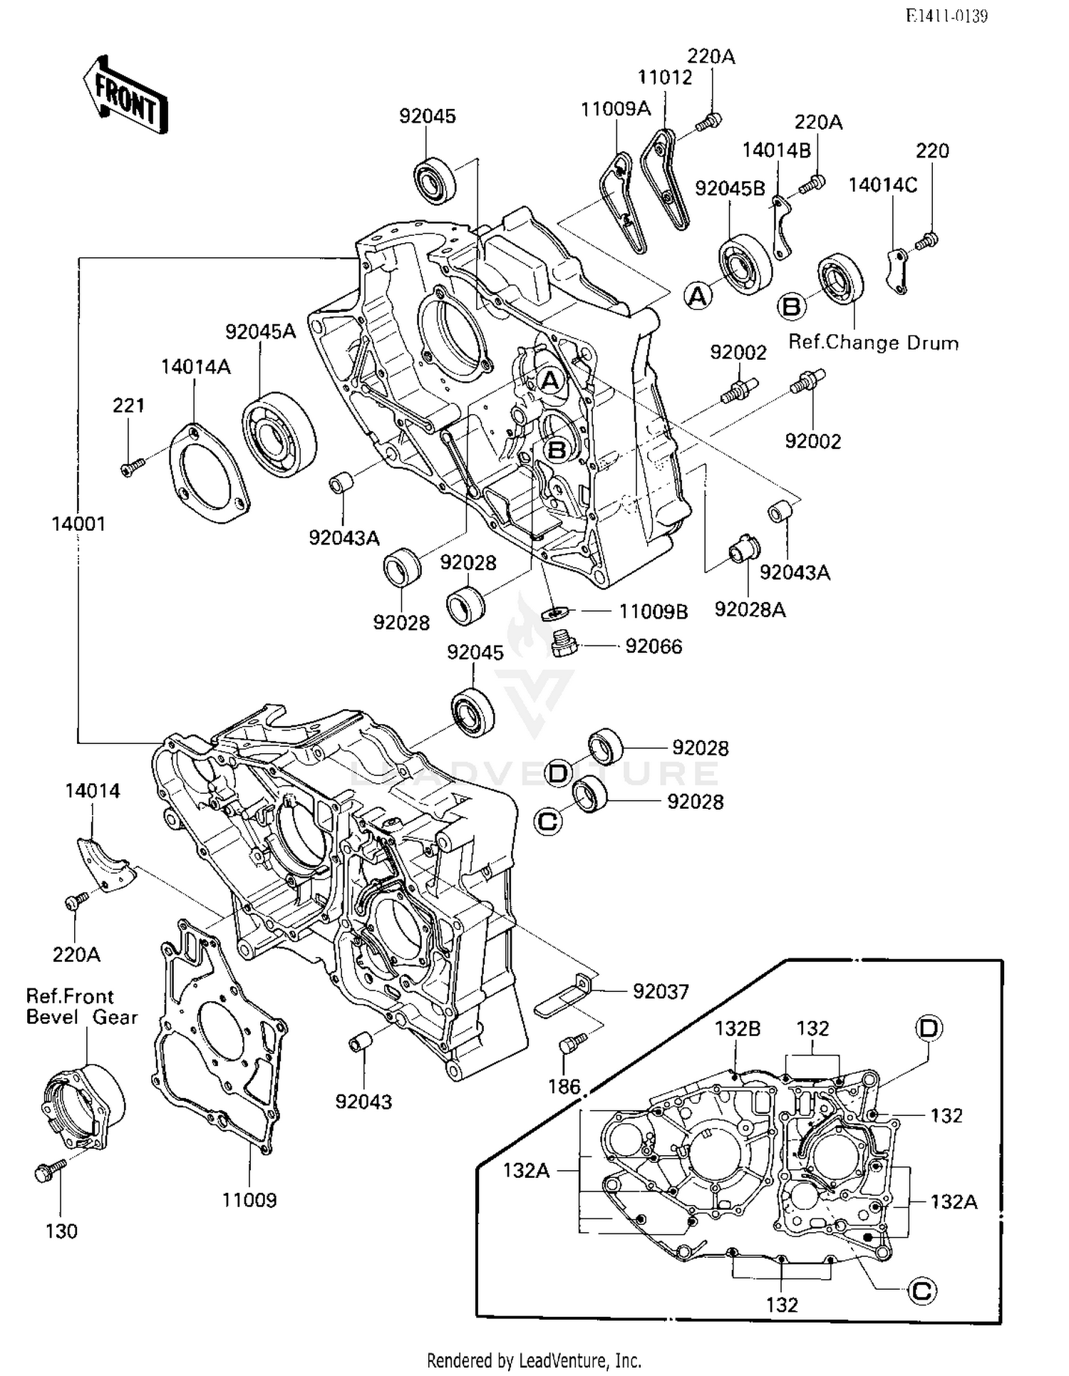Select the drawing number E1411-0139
click(x=946, y=16)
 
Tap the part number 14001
click(x=78, y=524)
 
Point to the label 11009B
click(x=653, y=611)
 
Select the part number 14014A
click(x=195, y=366)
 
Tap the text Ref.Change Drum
click(x=873, y=343)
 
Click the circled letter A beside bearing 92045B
click(x=698, y=295)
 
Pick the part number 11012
click(x=664, y=77)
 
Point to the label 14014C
click(x=882, y=185)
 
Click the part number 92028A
click(x=750, y=609)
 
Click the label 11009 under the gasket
click(x=249, y=1200)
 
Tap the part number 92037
click(x=661, y=991)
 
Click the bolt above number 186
click(x=572, y=1043)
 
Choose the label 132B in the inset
click(x=738, y=1029)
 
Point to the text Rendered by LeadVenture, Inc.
click(x=534, y=1360)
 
